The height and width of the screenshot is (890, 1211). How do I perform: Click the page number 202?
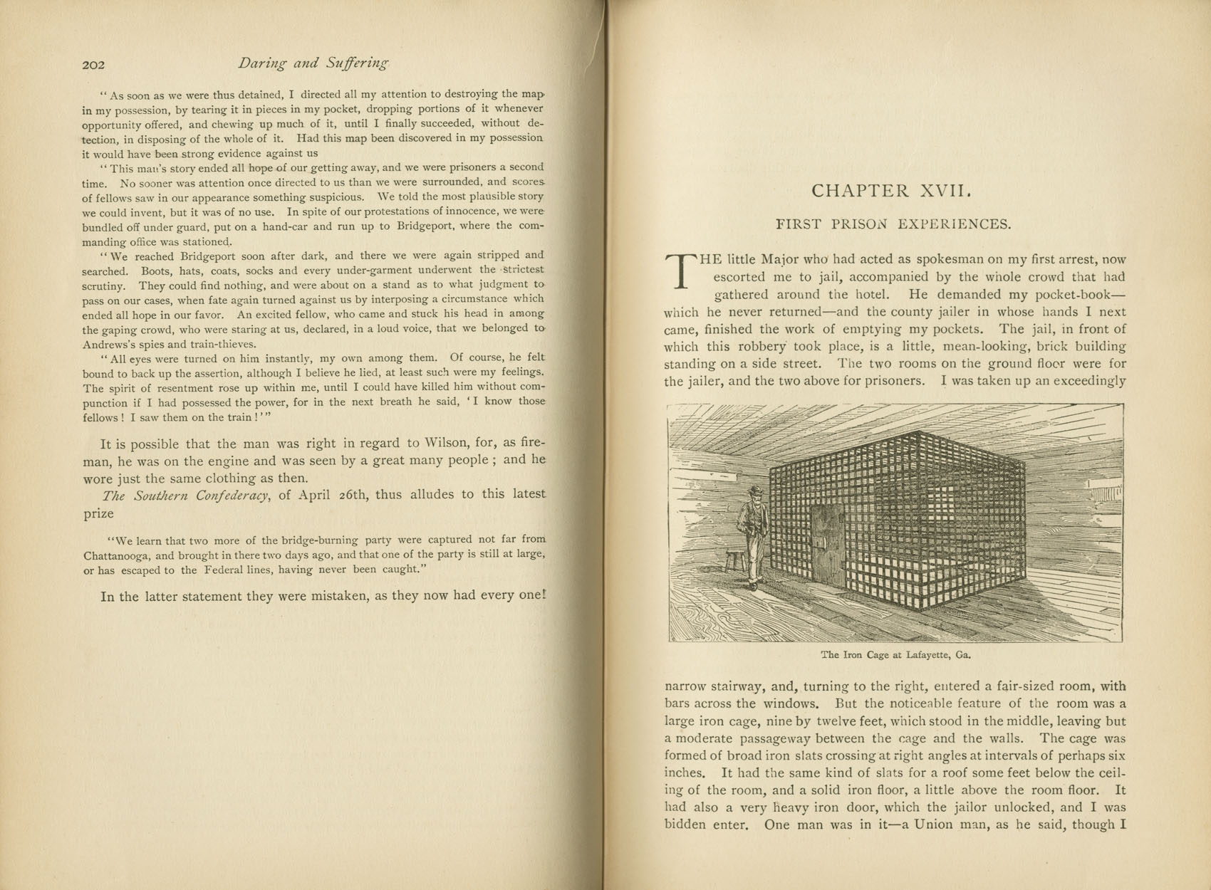tap(93, 65)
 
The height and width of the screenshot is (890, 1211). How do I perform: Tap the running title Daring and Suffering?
tap(313, 63)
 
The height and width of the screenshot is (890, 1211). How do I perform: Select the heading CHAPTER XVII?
tap(891, 191)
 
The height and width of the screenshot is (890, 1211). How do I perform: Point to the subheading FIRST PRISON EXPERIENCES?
tap(893, 224)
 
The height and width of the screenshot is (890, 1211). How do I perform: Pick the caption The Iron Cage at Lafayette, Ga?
tap(895, 654)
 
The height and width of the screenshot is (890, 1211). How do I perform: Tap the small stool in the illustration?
tap(734, 560)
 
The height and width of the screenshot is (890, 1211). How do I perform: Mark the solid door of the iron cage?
tap(826, 547)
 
